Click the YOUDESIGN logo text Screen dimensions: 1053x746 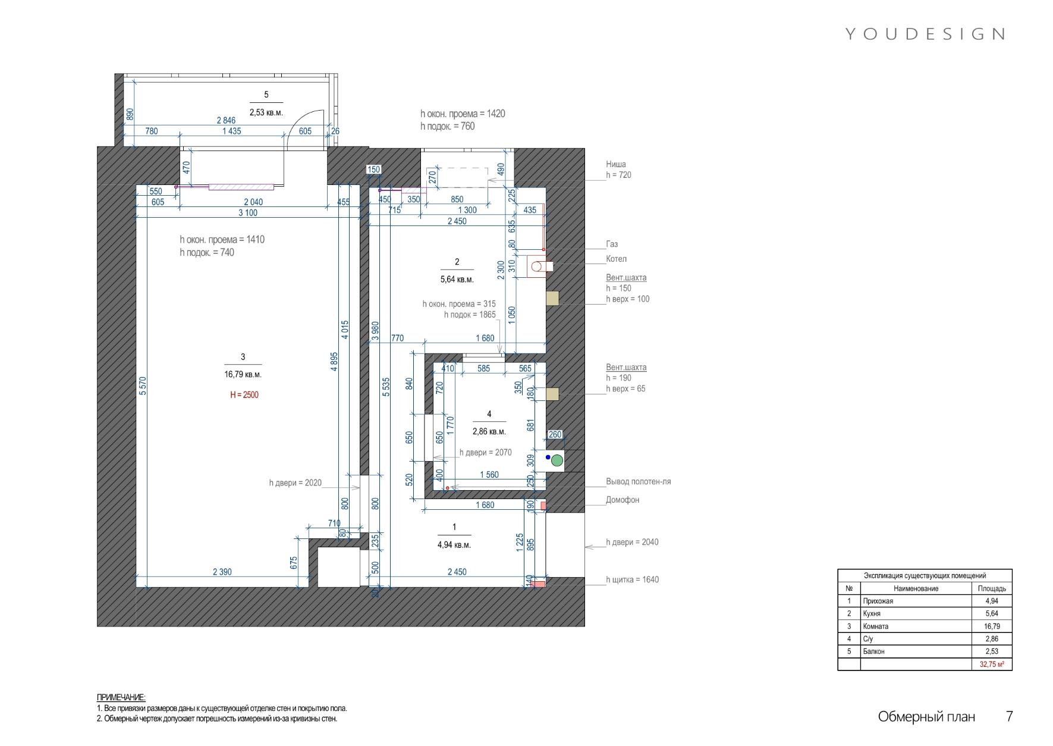[925, 34]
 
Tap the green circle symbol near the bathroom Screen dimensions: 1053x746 [557, 460]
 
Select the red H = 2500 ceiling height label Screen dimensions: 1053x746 [244, 395]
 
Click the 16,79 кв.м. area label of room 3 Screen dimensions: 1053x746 [243, 375]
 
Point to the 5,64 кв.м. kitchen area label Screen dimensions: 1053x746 [457, 280]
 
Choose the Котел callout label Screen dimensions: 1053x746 [616, 259]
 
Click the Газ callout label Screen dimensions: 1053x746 [612, 244]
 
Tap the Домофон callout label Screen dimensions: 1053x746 [623, 500]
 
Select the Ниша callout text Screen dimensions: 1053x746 [616, 164]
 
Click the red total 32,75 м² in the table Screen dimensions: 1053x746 [992, 664]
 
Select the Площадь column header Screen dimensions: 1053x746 [992, 588]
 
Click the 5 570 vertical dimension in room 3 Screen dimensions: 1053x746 [143, 385]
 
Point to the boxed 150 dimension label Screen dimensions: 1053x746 [373, 170]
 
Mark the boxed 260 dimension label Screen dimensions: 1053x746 [555, 435]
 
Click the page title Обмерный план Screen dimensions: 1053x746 [926, 717]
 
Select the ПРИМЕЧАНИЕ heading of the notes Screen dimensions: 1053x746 [121, 697]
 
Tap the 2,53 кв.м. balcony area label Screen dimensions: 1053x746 [266, 112]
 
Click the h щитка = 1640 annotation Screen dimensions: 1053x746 [633, 579]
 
